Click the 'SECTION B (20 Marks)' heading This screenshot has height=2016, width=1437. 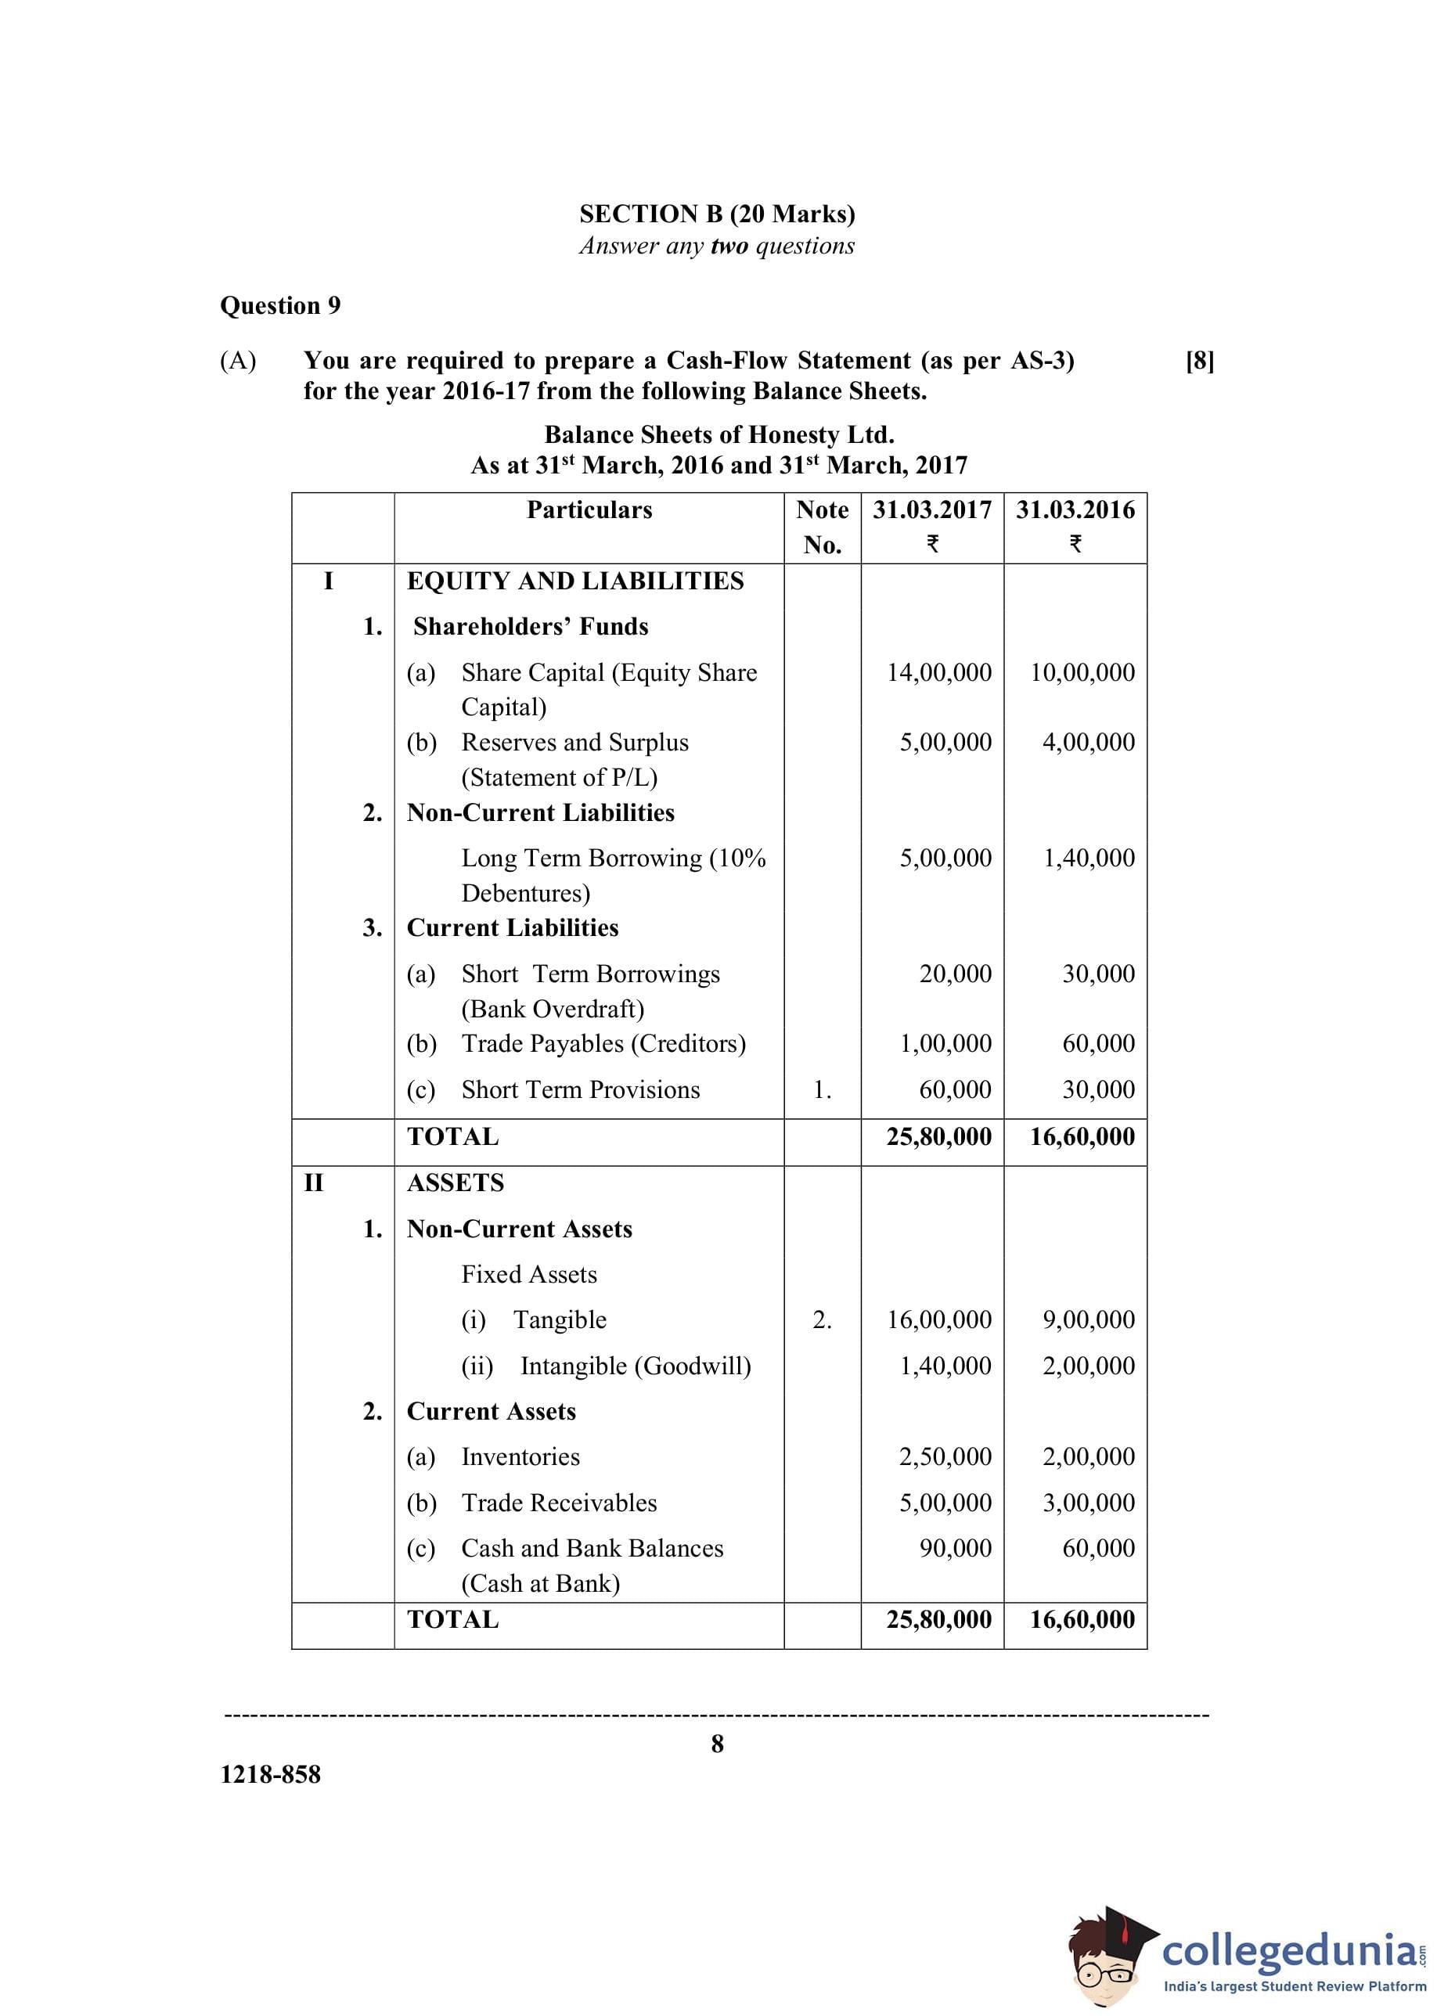click(717, 214)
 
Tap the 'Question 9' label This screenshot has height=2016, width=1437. click(279, 306)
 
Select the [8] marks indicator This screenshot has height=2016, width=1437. click(1199, 361)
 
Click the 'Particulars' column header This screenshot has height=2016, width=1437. click(589, 510)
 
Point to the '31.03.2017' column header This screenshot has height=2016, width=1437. click(931, 510)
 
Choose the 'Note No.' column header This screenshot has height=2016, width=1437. click(822, 527)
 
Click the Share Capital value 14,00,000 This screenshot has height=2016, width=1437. click(939, 673)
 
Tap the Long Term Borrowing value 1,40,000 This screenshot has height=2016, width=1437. click(1089, 858)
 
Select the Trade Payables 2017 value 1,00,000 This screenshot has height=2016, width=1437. click(945, 1044)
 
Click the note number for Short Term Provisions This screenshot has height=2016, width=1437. click(822, 1091)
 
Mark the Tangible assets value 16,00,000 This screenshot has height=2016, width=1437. click(939, 1319)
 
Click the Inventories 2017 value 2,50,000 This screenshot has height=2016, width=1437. click(945, 1457)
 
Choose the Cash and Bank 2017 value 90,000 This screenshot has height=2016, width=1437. click(955, 1549)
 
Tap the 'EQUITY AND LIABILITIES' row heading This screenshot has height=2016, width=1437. click(575, 581)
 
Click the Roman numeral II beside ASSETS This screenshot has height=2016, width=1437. click(313, 1183)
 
